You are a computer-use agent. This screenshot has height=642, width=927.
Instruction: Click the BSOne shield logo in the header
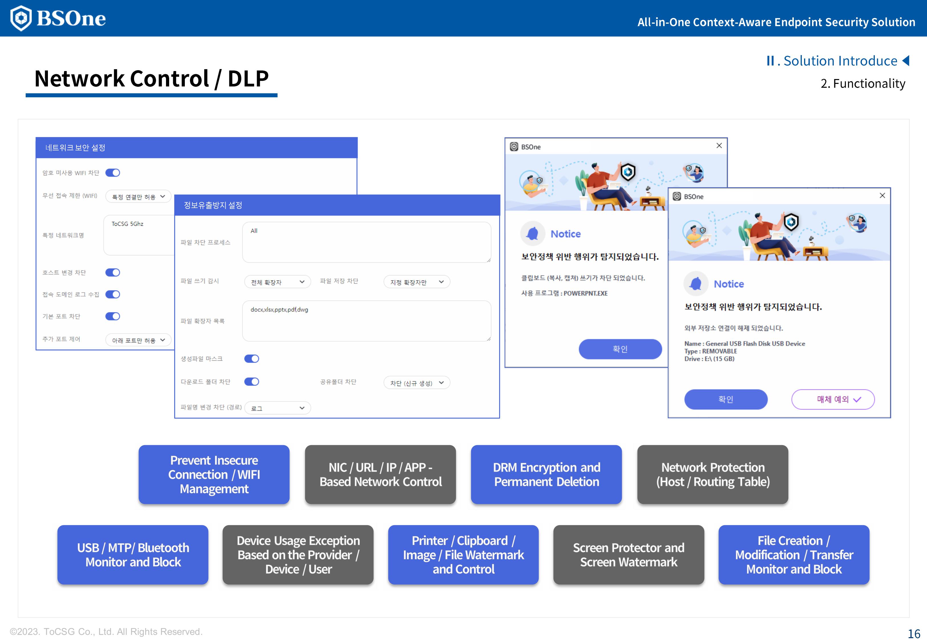(x=21, y=18)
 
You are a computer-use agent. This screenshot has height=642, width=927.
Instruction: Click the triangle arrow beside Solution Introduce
(x=906, y=61)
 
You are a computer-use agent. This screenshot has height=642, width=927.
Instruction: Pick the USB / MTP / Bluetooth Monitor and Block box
(x=133, y=555)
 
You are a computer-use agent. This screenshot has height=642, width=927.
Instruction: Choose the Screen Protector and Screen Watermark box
(x=629, y=555)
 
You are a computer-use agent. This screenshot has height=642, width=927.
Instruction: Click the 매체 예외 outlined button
(x=833, y=399)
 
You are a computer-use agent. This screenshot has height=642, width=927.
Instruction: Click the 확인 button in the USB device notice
(x=726, y=399)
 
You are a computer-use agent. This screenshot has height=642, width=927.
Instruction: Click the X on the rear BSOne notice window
(x=719, y=146)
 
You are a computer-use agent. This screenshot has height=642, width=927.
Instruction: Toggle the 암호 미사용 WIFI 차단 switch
(x=113, y=173)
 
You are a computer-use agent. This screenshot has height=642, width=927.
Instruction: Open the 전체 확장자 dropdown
(x=277, y=282)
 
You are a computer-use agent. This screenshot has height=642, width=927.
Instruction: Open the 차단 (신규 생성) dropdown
(x=417, y=383)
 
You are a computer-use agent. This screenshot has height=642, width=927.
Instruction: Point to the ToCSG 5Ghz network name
(x=127, y=224)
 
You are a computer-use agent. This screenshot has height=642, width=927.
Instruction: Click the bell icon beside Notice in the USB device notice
(x=695, y=284)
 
